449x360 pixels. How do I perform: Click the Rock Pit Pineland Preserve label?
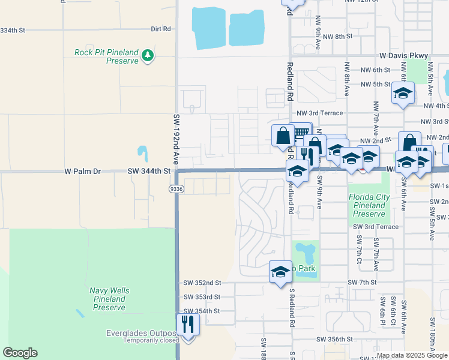click(x=106, y=56)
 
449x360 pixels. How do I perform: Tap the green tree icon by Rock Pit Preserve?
click(x=148, y=56)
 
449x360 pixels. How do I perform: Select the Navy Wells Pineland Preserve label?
click(x=109, y=299)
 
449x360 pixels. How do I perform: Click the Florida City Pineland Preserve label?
click(x=369, y=205)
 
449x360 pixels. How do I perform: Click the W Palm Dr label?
click(x=83, y=172)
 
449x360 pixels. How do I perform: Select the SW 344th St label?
click(x=149, y=172)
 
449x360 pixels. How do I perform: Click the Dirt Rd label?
click(x=161, y=29)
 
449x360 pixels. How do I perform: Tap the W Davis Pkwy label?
click(x=404, y=56)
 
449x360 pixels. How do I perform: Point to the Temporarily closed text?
click(x=151, y=340)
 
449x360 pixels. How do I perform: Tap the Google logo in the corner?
click(x=20, y=353)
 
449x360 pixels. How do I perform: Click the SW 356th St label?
click(x=336, y=339)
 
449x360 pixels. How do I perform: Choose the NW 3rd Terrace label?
click(x=320, y=113)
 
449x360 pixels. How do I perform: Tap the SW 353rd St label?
click(x=200, y=297)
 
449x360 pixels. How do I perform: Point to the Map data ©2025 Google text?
click(x=412, y=355)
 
